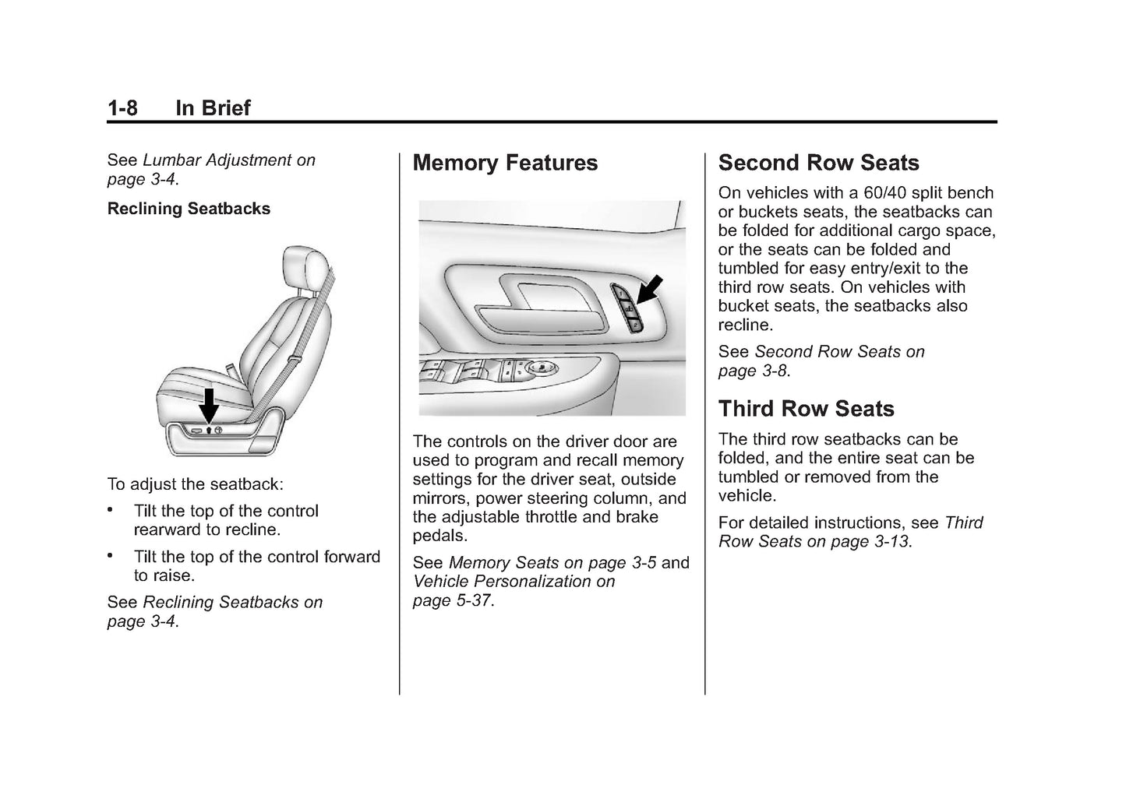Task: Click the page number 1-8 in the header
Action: pos(122,107)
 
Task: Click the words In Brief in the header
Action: pos(213,107)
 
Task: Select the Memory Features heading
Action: pos(505,163)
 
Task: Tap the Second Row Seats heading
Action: pos(818,163)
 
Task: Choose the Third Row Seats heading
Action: pos(806,409)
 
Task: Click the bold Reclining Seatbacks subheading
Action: pos(189,209)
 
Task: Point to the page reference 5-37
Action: pos(475,600)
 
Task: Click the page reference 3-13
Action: pos(891,541)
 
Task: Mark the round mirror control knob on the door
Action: pos(540,367)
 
